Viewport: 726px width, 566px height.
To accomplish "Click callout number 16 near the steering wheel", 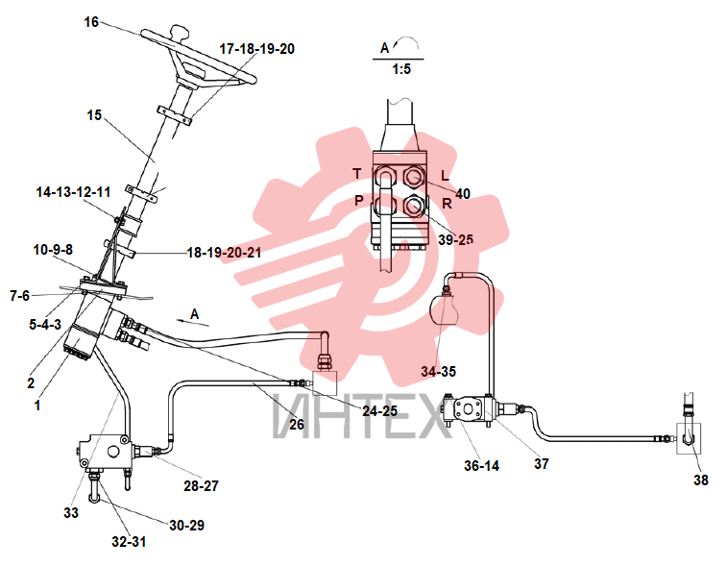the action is [x=91, y=22].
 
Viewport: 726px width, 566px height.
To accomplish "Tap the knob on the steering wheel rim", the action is [x=180, y=33].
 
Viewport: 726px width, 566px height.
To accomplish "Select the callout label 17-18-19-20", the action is [x=257, y=49].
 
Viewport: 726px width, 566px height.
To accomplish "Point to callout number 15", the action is [x=94, y=115].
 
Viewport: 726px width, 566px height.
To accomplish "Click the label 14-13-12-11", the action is [x=74, y=192].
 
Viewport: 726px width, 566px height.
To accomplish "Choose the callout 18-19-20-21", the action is [x=224, y=253].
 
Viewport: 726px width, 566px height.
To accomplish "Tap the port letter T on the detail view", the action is [x=356, y=174].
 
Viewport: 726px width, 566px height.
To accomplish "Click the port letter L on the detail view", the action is [x=445, y=176].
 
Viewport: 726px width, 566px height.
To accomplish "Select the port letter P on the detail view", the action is [x=359, y=201].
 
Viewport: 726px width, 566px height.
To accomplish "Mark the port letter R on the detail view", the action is [x=447, y=204].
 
